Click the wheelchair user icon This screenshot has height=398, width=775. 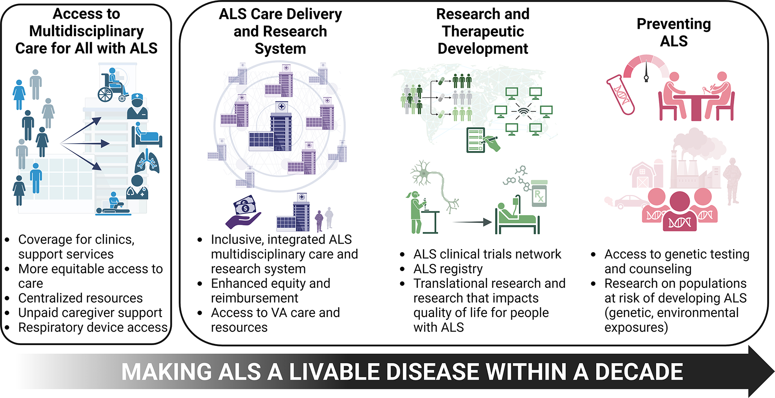112,86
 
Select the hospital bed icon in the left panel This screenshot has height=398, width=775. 146,137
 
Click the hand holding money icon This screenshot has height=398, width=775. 243,212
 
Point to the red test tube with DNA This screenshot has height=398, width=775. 620,94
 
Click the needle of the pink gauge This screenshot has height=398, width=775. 646,71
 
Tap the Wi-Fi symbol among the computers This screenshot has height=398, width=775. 524,111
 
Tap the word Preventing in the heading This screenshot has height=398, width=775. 673,24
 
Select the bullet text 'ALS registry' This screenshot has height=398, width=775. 448,269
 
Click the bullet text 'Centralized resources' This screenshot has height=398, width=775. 81,298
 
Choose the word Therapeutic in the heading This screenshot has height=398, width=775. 483,31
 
